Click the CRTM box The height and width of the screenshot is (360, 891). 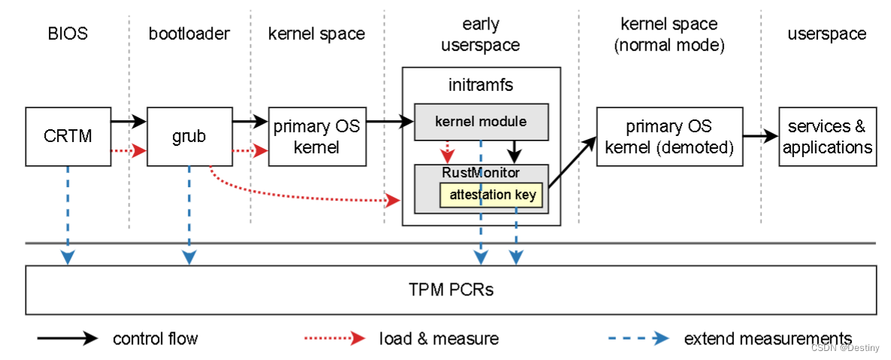[68, 137]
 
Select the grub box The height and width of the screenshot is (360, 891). [189, 137]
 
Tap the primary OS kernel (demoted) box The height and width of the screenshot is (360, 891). [669, 137]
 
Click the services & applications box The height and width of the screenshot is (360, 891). [827, 137]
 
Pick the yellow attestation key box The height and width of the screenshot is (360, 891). [492, 195]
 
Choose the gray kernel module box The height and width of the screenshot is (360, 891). [481, 121]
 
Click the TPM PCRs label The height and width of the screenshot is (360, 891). [451, 289]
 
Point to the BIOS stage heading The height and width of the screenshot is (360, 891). [68, 34]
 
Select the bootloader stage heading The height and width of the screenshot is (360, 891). [189, 34]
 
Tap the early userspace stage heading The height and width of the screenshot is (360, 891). [481, 35]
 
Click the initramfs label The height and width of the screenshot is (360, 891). [481, 84]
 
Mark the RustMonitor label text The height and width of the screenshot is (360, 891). [481, 173]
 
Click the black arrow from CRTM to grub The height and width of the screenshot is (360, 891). [128, 120]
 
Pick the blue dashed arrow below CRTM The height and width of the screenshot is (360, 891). [68, 214]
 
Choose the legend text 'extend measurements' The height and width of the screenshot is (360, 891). [767, 339]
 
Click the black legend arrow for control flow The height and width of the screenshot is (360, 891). [68, 339]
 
